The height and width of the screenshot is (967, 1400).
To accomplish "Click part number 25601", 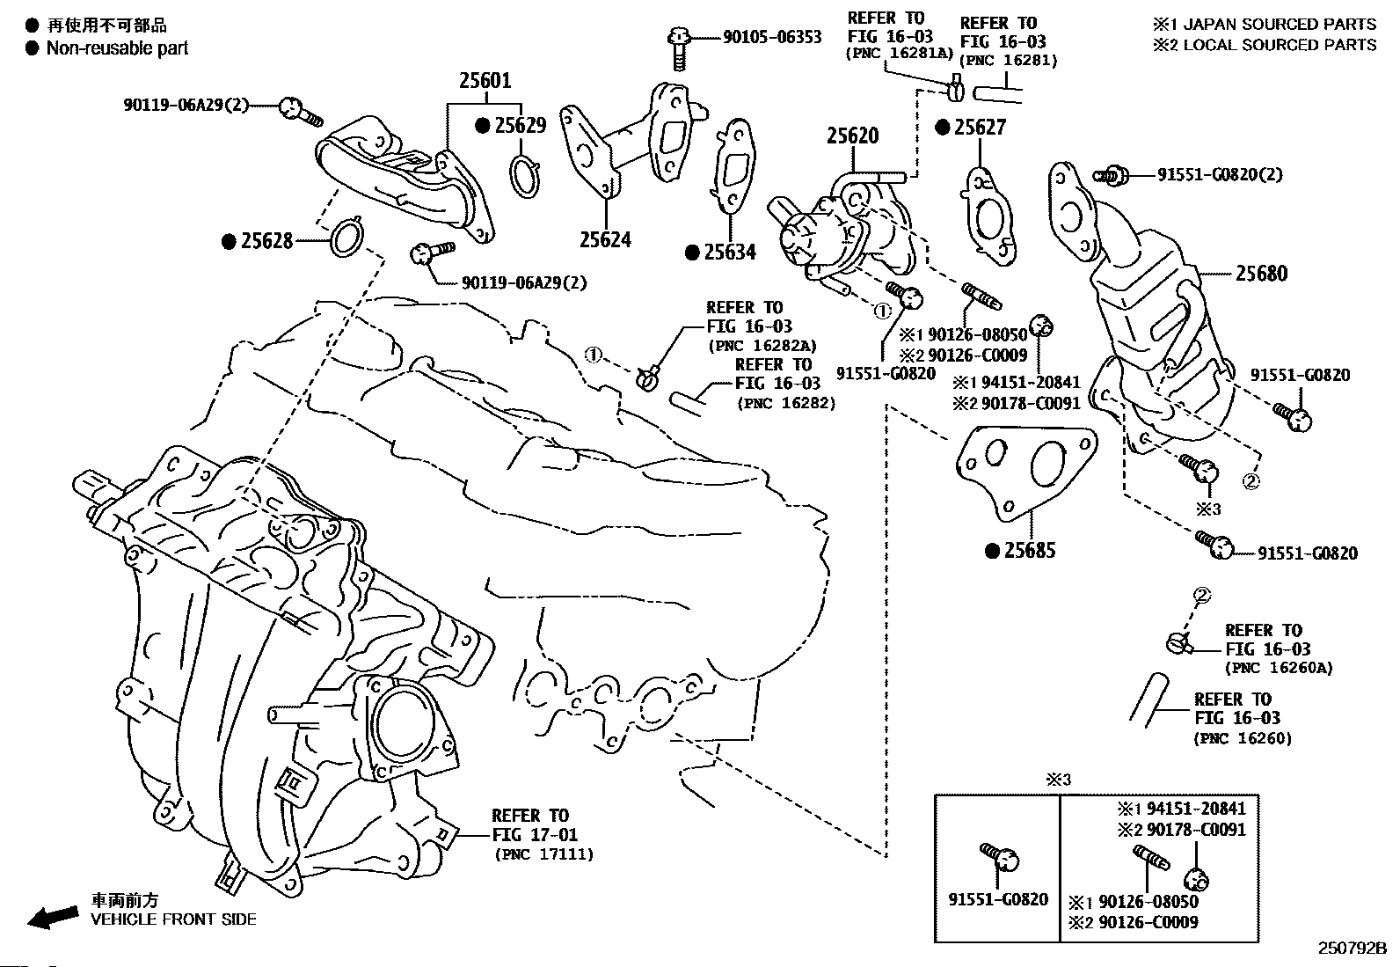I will coord(485,81).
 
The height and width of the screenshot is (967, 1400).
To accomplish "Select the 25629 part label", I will coord(519,126).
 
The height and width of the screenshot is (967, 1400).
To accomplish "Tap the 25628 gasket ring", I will coord(347,238).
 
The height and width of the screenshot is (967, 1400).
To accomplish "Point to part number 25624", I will coord(605,239).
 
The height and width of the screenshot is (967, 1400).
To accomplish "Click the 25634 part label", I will coord(730,253).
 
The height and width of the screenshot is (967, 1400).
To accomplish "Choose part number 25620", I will coord(851,136).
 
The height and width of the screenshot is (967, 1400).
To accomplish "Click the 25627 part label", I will coord(980,128).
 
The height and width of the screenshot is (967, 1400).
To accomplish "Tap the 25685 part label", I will coord(1029,551).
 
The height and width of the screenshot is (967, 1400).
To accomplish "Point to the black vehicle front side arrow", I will coord(51,917).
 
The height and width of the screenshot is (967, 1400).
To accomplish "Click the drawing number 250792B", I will coord(1351,949).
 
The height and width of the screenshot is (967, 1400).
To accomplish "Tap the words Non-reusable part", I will coord(117,48).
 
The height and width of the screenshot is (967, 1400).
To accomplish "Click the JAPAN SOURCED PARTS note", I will coord(1274,24).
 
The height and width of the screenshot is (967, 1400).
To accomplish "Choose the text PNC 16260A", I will coord(1279,668).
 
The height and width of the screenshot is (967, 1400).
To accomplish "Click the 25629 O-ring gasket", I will coord(524,175).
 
